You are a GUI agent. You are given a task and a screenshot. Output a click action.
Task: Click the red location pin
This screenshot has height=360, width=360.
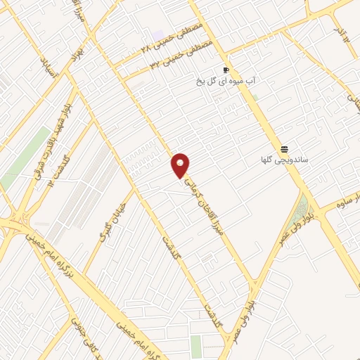(x=181, y=166)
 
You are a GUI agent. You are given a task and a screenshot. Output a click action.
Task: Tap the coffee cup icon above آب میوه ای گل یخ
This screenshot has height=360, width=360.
(x=226, y=70)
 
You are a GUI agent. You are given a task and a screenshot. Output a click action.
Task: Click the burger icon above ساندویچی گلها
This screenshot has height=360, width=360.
(x=284, y=149)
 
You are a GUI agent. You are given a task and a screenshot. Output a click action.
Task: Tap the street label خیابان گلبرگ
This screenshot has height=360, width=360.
(x=112, y=226)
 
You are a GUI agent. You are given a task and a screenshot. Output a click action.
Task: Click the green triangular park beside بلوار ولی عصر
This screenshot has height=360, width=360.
(x=303, y=208)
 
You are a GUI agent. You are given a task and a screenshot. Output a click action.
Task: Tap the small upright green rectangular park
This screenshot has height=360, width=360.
(x=195, y=345)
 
